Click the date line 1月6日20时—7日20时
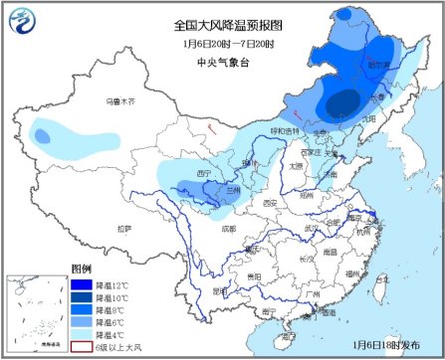click(224, 44)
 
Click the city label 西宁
click(205, 173)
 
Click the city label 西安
click(269, 203)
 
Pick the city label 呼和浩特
click(284, 130)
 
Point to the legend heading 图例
click(81, 270)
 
